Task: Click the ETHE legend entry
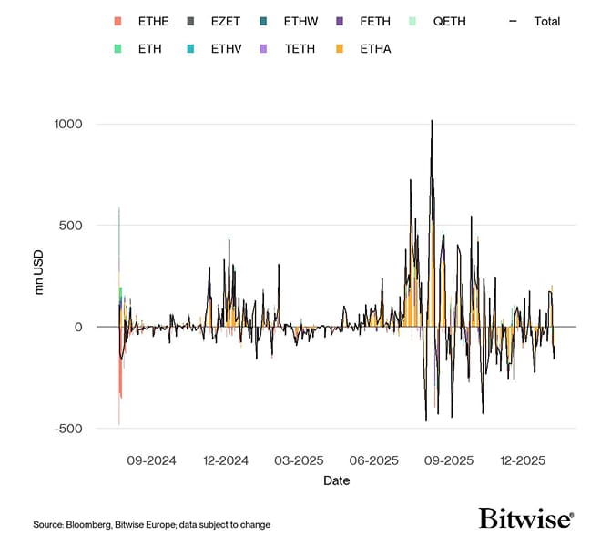[143, 21]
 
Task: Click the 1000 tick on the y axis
[68, 124]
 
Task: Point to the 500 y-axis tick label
[72, 226]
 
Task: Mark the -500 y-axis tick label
[70, 429]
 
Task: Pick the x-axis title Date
[336, 480]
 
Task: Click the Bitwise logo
[526, 519]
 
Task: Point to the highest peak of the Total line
[432, 120]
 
